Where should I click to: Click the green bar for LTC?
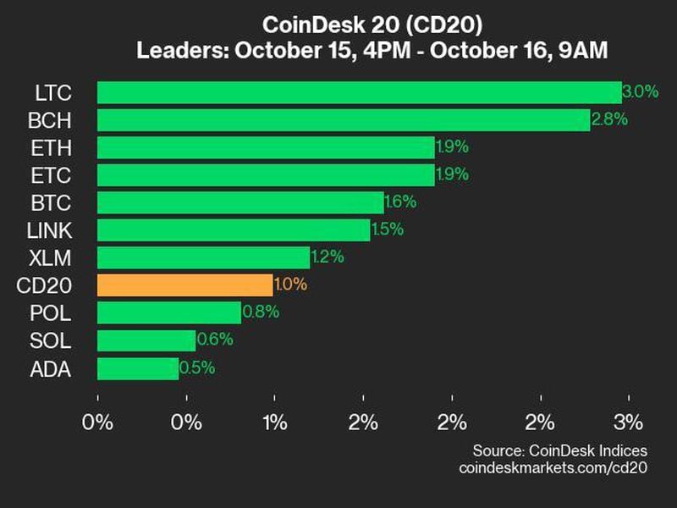click(360, 92)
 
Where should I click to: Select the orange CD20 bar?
click(185, 285)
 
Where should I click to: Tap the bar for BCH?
click(344, 120)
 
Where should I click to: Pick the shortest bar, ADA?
click(138, 368)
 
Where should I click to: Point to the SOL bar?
click(146, 340)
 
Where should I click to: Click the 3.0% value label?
click(641, 92)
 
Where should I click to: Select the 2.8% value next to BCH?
click(609, 120)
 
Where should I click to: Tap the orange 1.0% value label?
click(290, 285)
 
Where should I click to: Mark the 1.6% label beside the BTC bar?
click(400, 202)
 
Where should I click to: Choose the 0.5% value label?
click(197, 368)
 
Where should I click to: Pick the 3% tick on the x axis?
click(629, 422)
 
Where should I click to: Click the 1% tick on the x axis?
click(275, 422)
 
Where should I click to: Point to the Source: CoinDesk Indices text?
click(559, 450)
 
